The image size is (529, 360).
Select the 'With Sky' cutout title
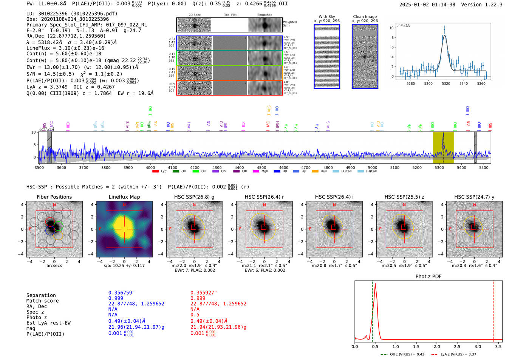326,17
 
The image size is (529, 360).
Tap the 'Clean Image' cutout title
365,17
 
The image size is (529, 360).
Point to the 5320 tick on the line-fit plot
446,83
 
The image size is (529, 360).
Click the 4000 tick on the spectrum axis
150,167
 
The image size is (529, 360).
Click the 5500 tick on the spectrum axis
484,167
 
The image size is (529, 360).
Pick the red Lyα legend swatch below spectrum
155,171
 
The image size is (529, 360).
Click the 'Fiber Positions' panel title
54,197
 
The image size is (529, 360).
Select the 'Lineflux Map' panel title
124,197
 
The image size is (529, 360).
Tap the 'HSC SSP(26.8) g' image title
194,197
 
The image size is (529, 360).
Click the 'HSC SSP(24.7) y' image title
474,197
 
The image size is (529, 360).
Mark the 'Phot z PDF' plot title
428,276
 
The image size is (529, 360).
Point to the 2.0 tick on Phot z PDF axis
437,346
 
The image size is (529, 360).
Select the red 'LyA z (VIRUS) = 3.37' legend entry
458,354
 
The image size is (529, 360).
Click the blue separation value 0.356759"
121,293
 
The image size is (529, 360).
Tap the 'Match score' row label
42,301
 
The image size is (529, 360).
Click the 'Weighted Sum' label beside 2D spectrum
289,24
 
